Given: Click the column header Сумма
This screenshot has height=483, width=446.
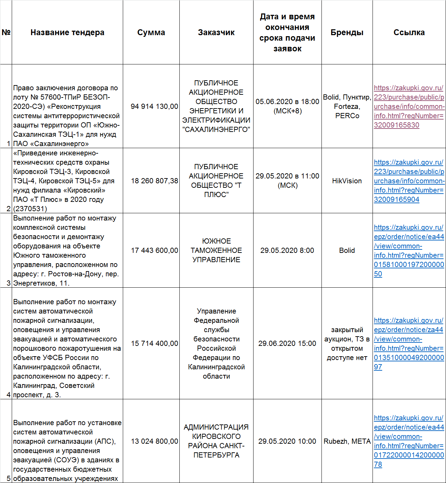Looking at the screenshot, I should (151, 32).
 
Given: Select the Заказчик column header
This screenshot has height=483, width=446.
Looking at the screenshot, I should (216, 32).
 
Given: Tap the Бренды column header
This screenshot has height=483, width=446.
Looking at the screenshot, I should (347, 32).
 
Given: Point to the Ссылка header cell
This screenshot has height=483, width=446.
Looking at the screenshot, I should (409, 32).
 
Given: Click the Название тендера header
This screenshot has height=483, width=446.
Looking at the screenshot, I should (67, 32).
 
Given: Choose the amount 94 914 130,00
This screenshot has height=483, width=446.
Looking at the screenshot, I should (154, 106).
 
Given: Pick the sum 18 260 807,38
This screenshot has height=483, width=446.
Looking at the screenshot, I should (154, 181).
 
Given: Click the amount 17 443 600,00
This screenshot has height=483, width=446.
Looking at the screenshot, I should (154, 250).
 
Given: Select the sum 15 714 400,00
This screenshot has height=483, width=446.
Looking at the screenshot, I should (154, 343).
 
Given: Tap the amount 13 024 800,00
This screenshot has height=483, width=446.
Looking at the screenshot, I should (154, 441).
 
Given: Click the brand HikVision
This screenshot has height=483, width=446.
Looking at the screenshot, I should (347, 181).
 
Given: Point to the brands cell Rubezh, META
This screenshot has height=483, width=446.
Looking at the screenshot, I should (347, 441).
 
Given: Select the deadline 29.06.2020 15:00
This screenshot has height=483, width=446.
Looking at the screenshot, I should (287, 343).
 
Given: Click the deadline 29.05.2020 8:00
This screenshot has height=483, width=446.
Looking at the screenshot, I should (287, 250).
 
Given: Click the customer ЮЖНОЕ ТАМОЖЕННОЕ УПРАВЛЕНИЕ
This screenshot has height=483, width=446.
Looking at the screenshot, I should (216, 250).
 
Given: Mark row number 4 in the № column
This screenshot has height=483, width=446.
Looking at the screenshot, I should (8, 395).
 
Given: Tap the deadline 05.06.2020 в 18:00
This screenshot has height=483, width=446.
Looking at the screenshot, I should (287, 102).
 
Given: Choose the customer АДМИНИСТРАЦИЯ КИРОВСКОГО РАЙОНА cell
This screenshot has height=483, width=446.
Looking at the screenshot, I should (216, 441).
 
